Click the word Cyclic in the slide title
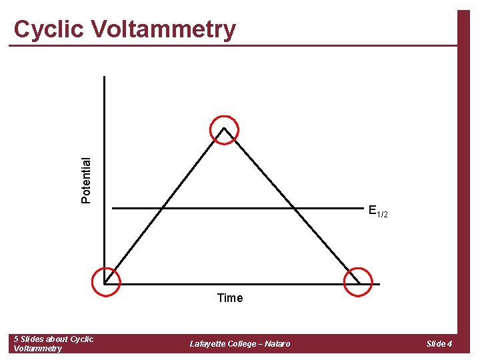49,30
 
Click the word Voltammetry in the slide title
163,30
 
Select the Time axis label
230,298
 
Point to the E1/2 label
377,212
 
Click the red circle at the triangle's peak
224,129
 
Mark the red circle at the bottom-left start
106,281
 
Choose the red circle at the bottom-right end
357,281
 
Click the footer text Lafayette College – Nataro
240,344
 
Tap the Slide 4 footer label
439,344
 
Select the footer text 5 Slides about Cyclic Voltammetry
53,343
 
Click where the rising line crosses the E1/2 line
162,209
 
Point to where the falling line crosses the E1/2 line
295,209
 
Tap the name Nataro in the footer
277,344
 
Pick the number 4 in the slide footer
450,344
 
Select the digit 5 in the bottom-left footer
17,339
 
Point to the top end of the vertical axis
105,77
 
